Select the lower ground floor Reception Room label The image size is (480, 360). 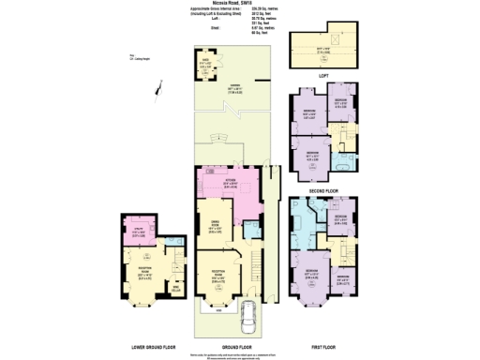pyautogui.click(x=147, y=271)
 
